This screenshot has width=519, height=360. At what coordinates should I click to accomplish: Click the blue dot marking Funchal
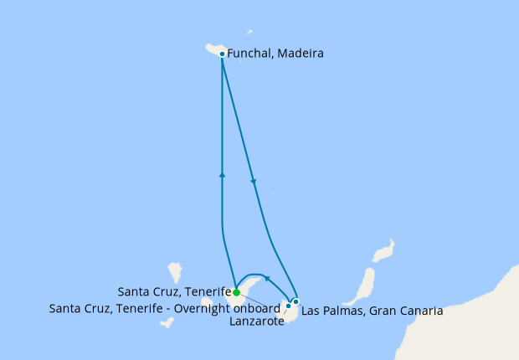(x=221, y=54)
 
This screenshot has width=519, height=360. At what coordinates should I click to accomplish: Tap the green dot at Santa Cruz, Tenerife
(x=236, y=292)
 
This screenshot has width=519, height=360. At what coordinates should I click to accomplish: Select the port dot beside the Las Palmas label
(x=295, y=301)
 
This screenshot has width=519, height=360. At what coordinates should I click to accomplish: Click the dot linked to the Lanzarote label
(x=288, y=306)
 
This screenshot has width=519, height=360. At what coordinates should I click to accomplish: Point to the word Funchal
(x=252, y=54)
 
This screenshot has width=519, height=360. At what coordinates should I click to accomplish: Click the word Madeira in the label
(x=301, y=54)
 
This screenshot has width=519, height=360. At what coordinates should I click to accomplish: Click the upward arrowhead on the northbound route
(x=222, y=174)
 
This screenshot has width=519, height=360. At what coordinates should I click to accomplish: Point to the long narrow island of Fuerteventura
(x=363, y=285)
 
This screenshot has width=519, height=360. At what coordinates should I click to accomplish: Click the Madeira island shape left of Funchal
(x=210, y=50)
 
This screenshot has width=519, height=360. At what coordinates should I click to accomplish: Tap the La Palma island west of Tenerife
(x=175, y=272)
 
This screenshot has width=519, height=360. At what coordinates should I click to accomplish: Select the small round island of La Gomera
(x=207, y=302)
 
